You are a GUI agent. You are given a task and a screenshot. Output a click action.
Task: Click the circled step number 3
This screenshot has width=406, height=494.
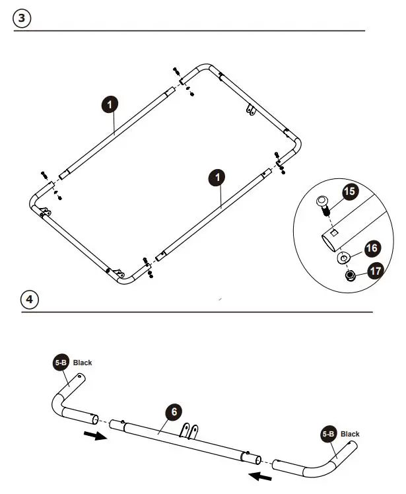click(22, 18)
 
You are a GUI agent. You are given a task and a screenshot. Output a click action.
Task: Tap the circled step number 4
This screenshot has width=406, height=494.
click(29, 299)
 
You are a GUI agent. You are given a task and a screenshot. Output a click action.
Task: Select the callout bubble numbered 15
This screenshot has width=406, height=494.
click(349, 193)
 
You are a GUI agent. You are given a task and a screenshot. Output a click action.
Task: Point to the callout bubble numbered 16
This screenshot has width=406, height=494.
click(372, 248)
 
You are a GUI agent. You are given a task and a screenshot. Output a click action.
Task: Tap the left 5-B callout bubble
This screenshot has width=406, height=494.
click(61, 363)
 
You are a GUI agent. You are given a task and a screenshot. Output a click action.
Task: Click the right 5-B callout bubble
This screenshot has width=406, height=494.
click(329, 434)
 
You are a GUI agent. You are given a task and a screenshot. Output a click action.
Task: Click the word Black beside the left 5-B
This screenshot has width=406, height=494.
click(83, 363)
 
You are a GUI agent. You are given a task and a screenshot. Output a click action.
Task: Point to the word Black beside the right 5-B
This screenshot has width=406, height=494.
click(350, 434)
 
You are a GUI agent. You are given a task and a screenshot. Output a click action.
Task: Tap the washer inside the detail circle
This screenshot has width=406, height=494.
click(343, 257)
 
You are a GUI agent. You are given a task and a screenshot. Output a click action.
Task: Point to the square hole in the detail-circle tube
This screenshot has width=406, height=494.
click(335, 232)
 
